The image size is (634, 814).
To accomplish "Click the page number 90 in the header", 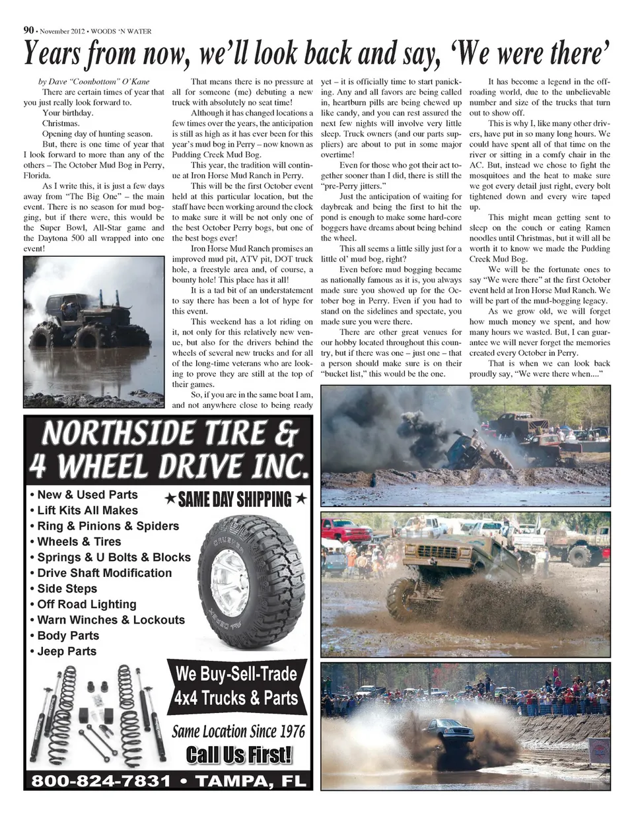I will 28,30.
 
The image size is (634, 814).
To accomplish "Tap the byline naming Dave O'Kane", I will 94,82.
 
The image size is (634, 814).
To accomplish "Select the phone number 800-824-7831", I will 101,781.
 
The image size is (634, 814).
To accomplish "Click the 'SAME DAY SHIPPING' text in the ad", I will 236,499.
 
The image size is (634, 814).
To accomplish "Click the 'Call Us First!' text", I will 239,754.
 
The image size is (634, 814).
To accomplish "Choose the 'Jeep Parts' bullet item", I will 66,652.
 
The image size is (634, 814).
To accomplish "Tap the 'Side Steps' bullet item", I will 67,589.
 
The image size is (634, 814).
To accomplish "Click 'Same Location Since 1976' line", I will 238,731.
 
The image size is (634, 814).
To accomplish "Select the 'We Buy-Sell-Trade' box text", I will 236,675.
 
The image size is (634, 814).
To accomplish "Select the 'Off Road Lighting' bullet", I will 87,605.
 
